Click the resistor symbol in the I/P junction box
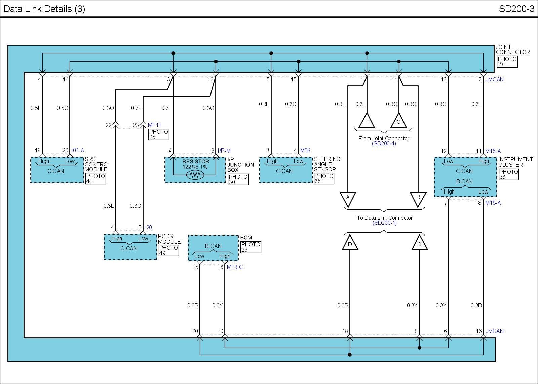coord(195,175)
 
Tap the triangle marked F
coord(367,121)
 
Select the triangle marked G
coord(399,121)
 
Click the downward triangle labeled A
coord(348,199)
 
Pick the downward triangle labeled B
coord(418,199)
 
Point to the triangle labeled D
coord(350,243)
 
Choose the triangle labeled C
coord(419,243)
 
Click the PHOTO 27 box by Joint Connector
coord(507,62)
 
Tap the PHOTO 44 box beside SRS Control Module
coord(95,178)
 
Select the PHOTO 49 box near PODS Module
coord(168,250)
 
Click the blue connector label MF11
coord(154,125)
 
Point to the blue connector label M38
coord(305,150)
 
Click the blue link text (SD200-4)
coord(384,143)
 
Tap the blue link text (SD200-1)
coord(385,223)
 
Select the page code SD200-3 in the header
coord(516,9)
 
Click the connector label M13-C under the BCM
coord(235,267)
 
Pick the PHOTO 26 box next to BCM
coord(251,247)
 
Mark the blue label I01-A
coord(78,150)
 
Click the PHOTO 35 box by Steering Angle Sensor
coord(324,178)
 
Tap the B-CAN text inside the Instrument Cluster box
coord(464,181)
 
